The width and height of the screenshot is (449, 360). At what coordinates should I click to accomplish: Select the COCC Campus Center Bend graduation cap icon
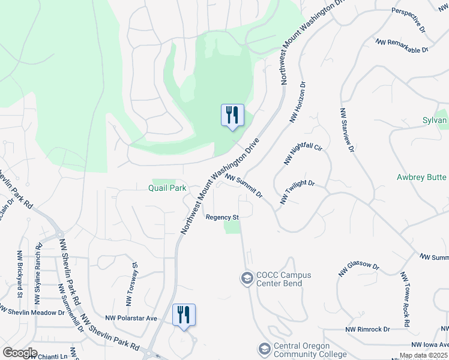tap(246, 278)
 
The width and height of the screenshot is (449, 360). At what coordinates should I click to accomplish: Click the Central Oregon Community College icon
tap(264, 349)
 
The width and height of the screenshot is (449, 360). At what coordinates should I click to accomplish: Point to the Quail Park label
tap(169, 188)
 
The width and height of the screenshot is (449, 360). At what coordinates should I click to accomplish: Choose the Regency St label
tap(223, 217)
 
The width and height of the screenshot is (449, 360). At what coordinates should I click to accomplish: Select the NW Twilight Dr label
tap(297, 192)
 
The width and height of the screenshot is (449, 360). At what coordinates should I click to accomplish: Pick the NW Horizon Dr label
tap(298, 103)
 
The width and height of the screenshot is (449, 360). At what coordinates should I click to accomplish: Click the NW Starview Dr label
tap(345, 130)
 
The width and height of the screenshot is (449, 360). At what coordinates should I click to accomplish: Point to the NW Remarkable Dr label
tap(402, 46)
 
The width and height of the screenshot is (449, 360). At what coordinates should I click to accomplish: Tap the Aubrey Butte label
tap(422, 177)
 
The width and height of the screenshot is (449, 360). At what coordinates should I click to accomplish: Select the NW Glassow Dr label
tap(359, 270)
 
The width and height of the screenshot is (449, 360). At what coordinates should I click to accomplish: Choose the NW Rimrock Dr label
tap(368, 329)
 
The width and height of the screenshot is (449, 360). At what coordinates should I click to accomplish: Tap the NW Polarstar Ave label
tap(131, 318)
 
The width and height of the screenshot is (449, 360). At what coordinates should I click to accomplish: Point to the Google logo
tap(20, 353)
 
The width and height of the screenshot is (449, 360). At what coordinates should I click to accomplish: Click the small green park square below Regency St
tap(232, 227)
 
